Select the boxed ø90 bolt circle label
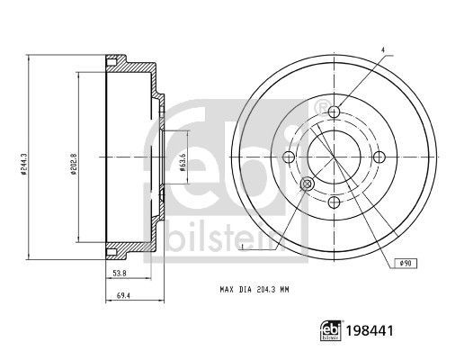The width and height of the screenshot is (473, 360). point(406,262)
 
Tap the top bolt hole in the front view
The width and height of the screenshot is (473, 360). point(335,112)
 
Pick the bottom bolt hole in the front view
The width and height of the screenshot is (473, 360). point(335,202)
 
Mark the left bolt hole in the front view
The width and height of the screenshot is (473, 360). point(290,157)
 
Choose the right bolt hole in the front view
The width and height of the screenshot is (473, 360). point(379,157)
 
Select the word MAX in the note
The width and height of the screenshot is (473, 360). point(228,290)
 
